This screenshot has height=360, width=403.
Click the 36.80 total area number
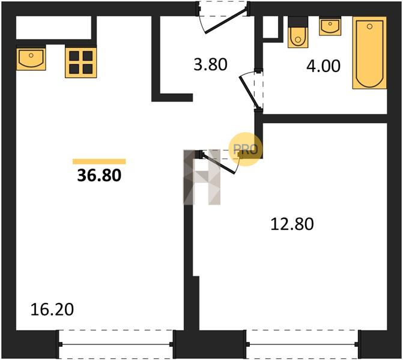point(99,176)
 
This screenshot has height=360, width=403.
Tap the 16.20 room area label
point(52,309)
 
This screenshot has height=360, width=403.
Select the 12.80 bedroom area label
point(292,224)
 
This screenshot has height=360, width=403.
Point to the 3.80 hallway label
point(210,64)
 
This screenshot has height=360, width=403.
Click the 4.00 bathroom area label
point(323,66)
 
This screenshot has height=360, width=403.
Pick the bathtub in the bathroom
point(369,53)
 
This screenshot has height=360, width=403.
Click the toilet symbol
point(298,32)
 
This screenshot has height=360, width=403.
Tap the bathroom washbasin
point(330,26)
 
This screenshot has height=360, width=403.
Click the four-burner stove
point(80,62)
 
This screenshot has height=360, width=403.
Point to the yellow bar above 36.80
point(99,161)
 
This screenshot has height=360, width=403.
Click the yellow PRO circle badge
point(246,149)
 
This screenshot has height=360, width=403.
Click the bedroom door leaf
point(219,164)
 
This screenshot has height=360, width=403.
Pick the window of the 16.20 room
point(116,344)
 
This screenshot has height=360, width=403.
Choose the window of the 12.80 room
point(302,344)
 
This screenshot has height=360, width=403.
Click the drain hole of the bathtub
point(369,26)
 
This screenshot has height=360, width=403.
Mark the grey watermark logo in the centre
point(202,177)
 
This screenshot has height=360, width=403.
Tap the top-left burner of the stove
point(74,55)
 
